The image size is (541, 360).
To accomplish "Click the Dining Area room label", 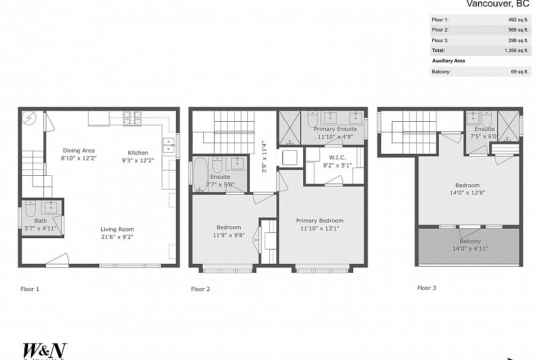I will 78,150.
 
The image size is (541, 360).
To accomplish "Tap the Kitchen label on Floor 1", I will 138,153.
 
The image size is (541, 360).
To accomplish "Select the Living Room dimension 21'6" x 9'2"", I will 117,236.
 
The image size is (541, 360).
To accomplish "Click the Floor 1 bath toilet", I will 31,208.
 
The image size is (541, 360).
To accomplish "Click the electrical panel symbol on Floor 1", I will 29,117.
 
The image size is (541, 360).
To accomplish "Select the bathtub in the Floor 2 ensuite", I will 200,172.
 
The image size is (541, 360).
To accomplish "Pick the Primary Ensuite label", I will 335,129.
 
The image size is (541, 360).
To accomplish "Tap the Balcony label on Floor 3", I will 470,241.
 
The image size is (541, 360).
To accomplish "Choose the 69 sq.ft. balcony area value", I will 519,72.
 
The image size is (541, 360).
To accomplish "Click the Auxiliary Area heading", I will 448,61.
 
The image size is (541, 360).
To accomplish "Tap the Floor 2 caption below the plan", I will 200,289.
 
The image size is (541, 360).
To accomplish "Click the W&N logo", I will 45,350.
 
